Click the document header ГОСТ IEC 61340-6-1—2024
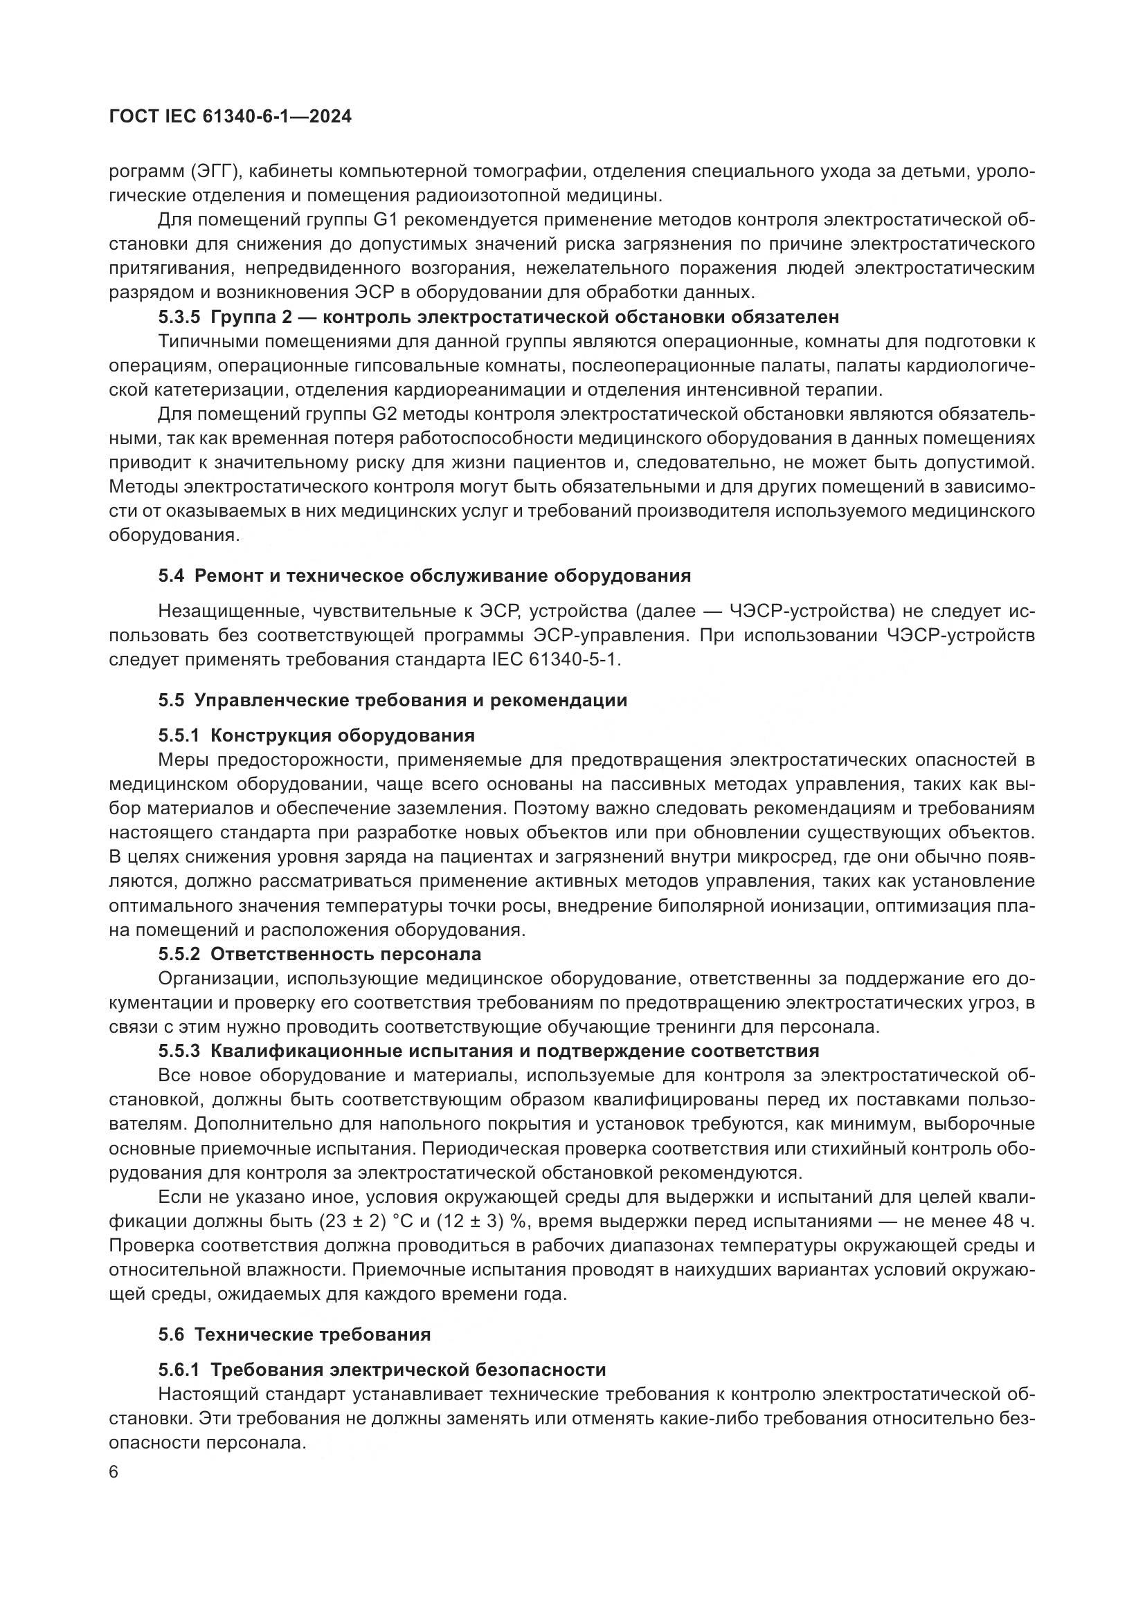click(x=230, y=117)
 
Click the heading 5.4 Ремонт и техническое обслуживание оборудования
click(x=424, y=576)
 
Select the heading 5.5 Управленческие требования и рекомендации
click(x=392, y=701)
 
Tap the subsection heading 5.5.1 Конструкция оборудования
click(x=316, y=736)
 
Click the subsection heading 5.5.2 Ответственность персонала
click(x=319, y=954)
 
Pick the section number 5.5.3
click(x=179, y=1051)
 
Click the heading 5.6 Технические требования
click(x=294, y=1334)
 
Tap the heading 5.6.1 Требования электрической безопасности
click(x=381, y=1370)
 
